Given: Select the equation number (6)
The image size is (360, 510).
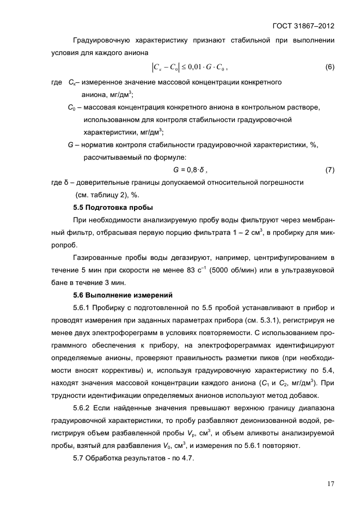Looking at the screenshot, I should [330, 67].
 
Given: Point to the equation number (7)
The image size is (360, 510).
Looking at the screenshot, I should [330, 169].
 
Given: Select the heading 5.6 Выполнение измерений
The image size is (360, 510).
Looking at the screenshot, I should [123, 295].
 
